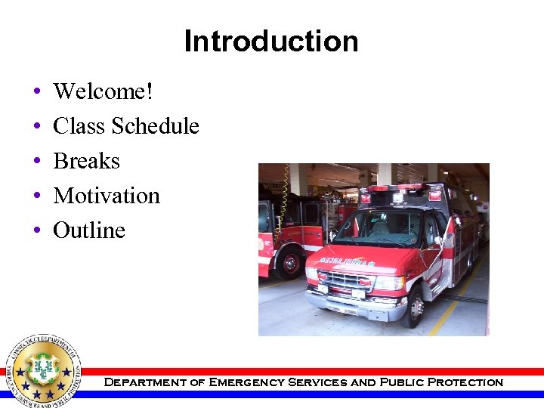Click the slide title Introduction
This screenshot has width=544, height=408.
pos(271,41)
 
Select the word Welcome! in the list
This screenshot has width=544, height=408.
pos(103,91)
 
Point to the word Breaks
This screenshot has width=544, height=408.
pos(86,161)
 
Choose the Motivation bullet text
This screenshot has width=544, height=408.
pos(107,196)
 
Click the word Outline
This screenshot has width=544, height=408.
pos(89,230)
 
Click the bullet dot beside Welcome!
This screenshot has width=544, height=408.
pos(37,93)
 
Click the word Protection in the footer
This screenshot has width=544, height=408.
pos(465,382)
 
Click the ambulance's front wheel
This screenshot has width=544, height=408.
pos(415,307)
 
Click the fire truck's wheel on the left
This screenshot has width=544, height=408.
pos(289,264)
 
